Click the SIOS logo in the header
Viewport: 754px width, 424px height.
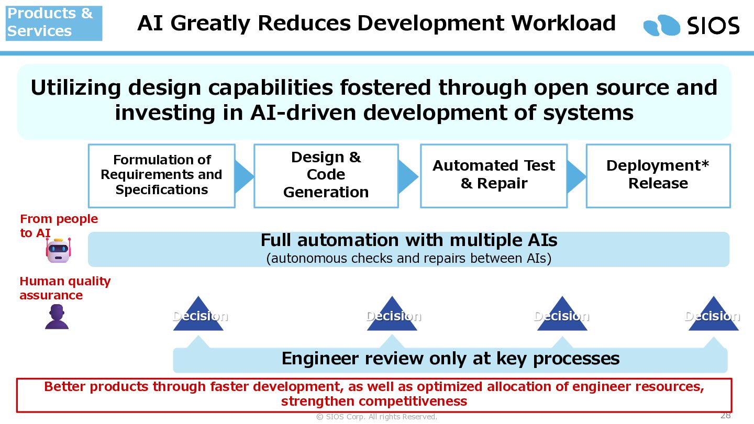click(691, 26)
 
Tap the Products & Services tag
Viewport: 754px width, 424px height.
click(54, 23)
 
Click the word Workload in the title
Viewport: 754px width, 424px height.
click(563, 23)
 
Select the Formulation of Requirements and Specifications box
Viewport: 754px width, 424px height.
click(162, 176)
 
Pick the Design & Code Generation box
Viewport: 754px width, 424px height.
click(326, 176)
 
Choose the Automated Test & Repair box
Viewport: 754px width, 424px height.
click(494, 176)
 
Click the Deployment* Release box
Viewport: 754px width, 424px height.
click(658, 176)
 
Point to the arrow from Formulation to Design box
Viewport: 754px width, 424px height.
click(243, 177)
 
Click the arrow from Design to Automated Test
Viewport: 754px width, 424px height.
click(408, 177)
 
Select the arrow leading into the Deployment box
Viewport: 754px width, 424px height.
click(576, 177)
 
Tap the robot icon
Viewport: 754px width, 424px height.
click(58, 250)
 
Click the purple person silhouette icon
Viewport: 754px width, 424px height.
click(57, 317)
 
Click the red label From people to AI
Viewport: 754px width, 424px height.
click(59, 226)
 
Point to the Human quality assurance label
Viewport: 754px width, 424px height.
click(65, 288)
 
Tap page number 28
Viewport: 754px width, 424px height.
click(725, 415)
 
